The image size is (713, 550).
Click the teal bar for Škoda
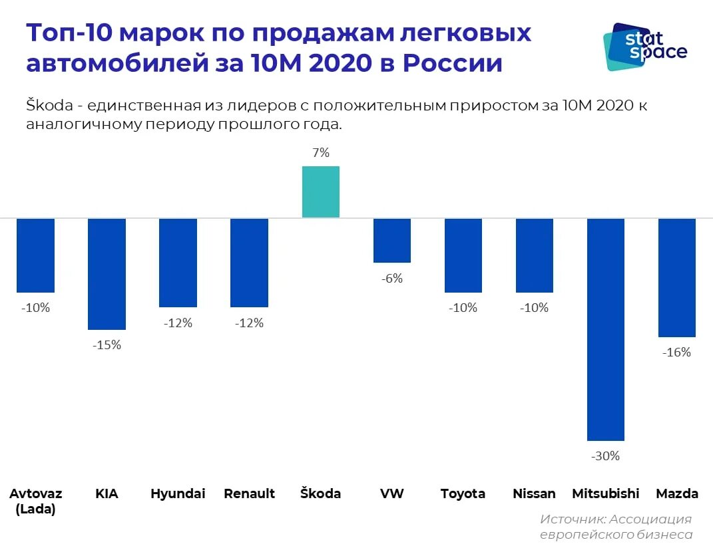pyautogui.click(x=321, y=192)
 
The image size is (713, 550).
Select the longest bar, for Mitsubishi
pyautogui.click(x=605, y=329)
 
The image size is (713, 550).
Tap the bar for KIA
pyautogui.click(x=107, y=274)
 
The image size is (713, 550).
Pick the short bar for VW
pyautogui.click(x=392, y=240)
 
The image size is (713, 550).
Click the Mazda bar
pyautogui.click(x=676, y=277)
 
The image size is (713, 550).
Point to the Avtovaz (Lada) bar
pyautogui.click(x=36, y=255)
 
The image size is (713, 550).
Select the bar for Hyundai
pyautogui.click(x=178, y=263)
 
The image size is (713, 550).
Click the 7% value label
pyautogui.click(x=321, y=153)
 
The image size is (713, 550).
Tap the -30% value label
pyautogui.click(x=605, y=456)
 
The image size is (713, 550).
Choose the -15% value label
pyautogui.click(x=107, y=345)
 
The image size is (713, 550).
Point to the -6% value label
pyautogui.click(x=392, y=279)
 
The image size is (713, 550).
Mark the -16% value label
pyautogui.click(x=676, y=352)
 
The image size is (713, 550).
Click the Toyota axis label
pyautogui.click(x=463, y=493)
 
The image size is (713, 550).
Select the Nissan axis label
pyautogui.click(x=534, y=493)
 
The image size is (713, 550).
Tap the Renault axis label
pyautogui.click(x=249, y=493)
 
